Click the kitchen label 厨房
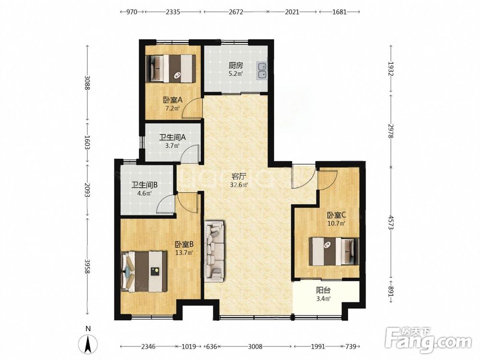[236, 65]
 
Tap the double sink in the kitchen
[262, 71]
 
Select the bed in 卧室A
[171, 69]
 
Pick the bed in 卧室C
[334, 252]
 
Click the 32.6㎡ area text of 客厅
[239, 185]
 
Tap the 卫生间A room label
[172, 137]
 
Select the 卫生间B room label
[144, 185]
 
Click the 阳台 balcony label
[323, 290]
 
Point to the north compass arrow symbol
[88, 344]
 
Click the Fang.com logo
[428, 339]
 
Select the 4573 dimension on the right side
[391, 223]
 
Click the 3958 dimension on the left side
[87, 267]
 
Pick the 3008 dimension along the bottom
[255, 347]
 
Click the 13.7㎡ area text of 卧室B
[184, 252]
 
